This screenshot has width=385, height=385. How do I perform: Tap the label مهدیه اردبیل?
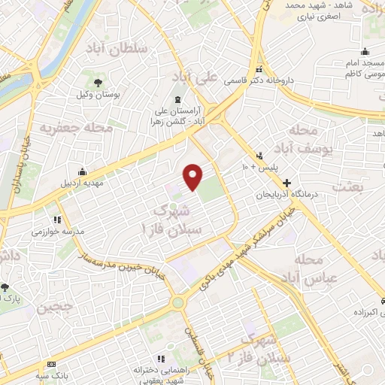81,182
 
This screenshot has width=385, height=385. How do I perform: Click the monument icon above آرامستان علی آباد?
178,101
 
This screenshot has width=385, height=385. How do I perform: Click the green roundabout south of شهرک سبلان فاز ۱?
178,302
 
